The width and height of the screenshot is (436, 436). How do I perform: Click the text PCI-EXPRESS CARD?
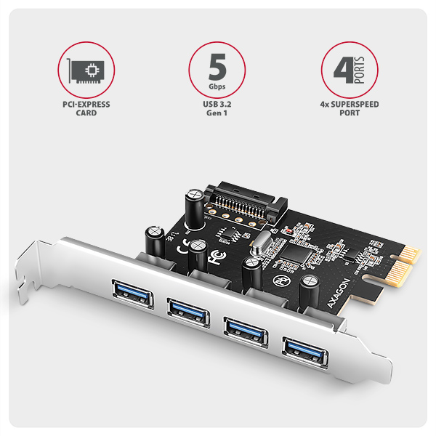coord(86,109)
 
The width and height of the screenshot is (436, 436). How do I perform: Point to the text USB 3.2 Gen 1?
coord(217,109)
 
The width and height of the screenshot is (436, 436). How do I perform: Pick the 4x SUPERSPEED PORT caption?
coord(349,109)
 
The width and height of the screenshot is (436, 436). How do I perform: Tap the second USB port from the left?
coord(187,308)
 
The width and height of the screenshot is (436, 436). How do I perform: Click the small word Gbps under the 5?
coord(217,86)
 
